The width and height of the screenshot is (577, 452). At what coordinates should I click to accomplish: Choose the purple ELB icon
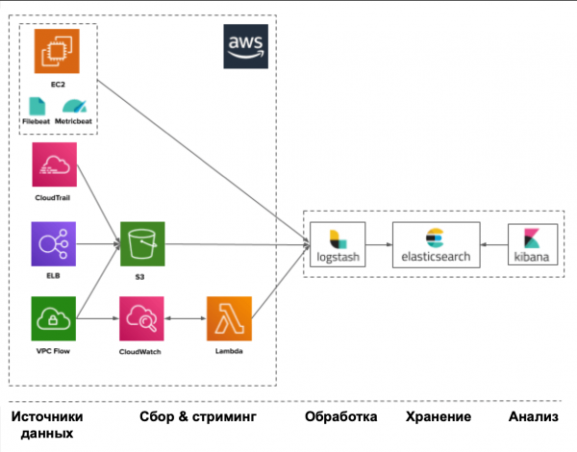pos(55,245)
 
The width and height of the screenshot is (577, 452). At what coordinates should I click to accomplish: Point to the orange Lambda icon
pos(229,319)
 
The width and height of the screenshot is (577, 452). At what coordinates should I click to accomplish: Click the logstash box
pos(338,245)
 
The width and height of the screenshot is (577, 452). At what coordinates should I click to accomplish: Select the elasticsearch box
pos(436,245)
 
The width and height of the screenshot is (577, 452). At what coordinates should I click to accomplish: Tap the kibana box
pos(533,245)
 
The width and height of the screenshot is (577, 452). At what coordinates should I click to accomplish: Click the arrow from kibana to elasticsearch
pos(494,245)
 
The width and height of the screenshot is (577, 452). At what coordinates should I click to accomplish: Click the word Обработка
pos(340,417)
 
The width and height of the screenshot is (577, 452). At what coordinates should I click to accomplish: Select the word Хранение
pos(439,417)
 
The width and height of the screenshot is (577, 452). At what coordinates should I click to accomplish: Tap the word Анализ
pos(536,417)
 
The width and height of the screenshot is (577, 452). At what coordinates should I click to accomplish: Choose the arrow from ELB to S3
pos(98,245)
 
